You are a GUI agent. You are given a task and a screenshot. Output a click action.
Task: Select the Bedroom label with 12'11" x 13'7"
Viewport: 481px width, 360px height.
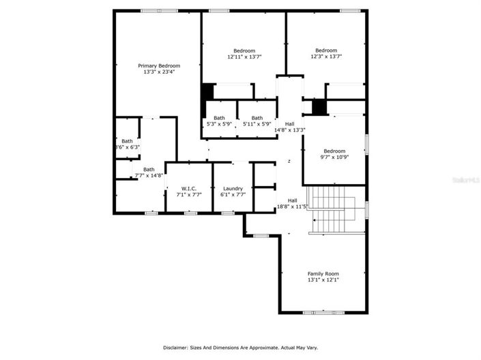pyautogui.click(x=244, y=50)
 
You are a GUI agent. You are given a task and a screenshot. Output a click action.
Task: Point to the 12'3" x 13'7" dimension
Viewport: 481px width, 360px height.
pyautogui.click(x=326, y=57)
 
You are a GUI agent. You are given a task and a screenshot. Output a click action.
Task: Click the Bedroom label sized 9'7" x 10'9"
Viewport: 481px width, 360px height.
pyautogui.click(x=334, y=151)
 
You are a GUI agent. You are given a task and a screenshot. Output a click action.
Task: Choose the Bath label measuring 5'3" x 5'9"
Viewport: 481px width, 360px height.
pyautogui.click(x=220, y=117)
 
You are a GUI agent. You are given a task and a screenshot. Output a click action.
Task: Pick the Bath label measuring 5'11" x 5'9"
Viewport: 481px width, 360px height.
pyautogui.click(x=257, y=117)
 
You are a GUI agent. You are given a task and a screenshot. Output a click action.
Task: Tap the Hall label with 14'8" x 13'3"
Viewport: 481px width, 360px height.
pyautogui.click(x=290, y=123)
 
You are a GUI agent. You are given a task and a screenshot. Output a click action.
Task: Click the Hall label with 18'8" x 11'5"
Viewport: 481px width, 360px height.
pyautogui.click(x=292, y=200)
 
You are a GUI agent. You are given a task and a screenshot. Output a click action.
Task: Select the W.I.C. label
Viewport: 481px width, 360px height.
pyautogui.click(x=189, y=188)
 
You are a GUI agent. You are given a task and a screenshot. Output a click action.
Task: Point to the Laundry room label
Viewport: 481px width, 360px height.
pyautogui.click(x=233, y=188)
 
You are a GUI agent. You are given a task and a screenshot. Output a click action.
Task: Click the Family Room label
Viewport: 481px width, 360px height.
pyautogui.click(x=323, y=273)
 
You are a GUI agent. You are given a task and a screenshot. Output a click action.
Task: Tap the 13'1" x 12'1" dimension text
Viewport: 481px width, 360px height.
pyautogui.click(x=323, y=280)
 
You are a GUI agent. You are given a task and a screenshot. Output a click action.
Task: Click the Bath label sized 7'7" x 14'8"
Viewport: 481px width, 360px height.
pyautogui.click(x=149, y=169)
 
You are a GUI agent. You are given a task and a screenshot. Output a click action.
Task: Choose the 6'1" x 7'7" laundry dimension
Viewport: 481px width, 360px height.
pyautogui.click(x=233, y=194)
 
